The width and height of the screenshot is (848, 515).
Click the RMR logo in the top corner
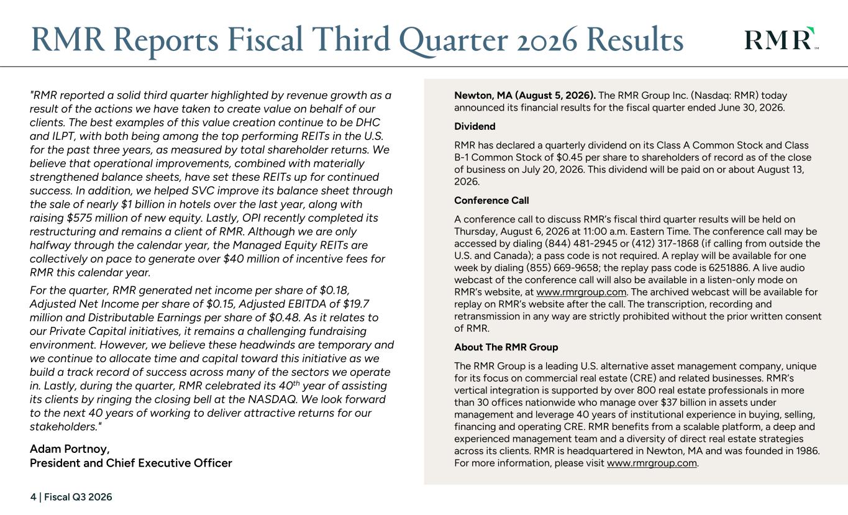(x=782, y=39)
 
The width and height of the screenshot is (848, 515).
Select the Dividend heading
(x=475, y=127)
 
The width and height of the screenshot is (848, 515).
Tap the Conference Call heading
(x=491, y=201)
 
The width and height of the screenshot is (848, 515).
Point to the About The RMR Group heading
(x=506, y=347)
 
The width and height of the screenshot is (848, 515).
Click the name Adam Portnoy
(x=70, y=449)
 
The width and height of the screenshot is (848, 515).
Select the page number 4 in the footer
(x=34, y=497)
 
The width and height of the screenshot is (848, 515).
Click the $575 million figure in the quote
(x=100, y=218)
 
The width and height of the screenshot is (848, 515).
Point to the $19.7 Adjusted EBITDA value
(x=356, y=304)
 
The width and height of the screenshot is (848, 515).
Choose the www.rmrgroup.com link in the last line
(x=652, y=463)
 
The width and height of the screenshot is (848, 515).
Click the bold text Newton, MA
(x=483, y=96)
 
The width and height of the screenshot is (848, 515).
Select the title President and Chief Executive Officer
(x=131, y=463)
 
